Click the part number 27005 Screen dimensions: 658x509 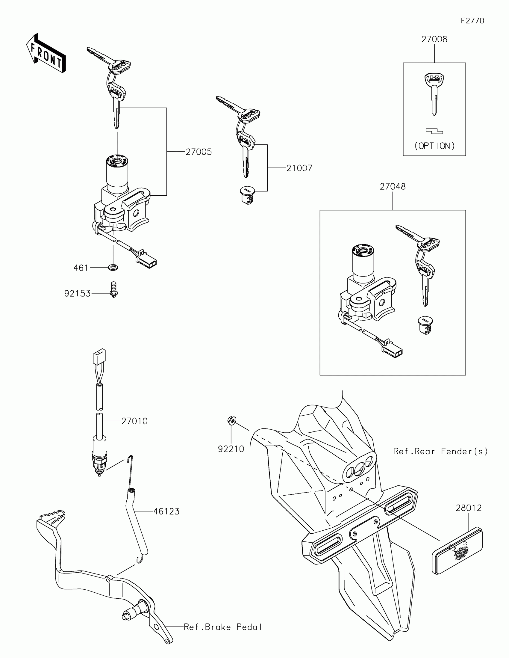199,152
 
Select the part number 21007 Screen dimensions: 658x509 299,168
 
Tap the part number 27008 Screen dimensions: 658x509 434,40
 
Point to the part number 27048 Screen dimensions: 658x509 393,187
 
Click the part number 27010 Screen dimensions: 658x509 134,421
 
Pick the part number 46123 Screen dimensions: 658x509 166,511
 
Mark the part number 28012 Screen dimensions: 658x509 469,508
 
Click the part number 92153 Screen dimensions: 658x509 77,293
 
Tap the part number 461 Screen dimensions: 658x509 81,268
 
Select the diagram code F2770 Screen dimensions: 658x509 472,21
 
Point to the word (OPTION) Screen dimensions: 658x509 434,146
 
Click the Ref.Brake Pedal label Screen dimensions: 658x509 223,627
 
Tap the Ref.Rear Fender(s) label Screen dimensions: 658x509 440,451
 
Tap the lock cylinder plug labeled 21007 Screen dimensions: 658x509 247,195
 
